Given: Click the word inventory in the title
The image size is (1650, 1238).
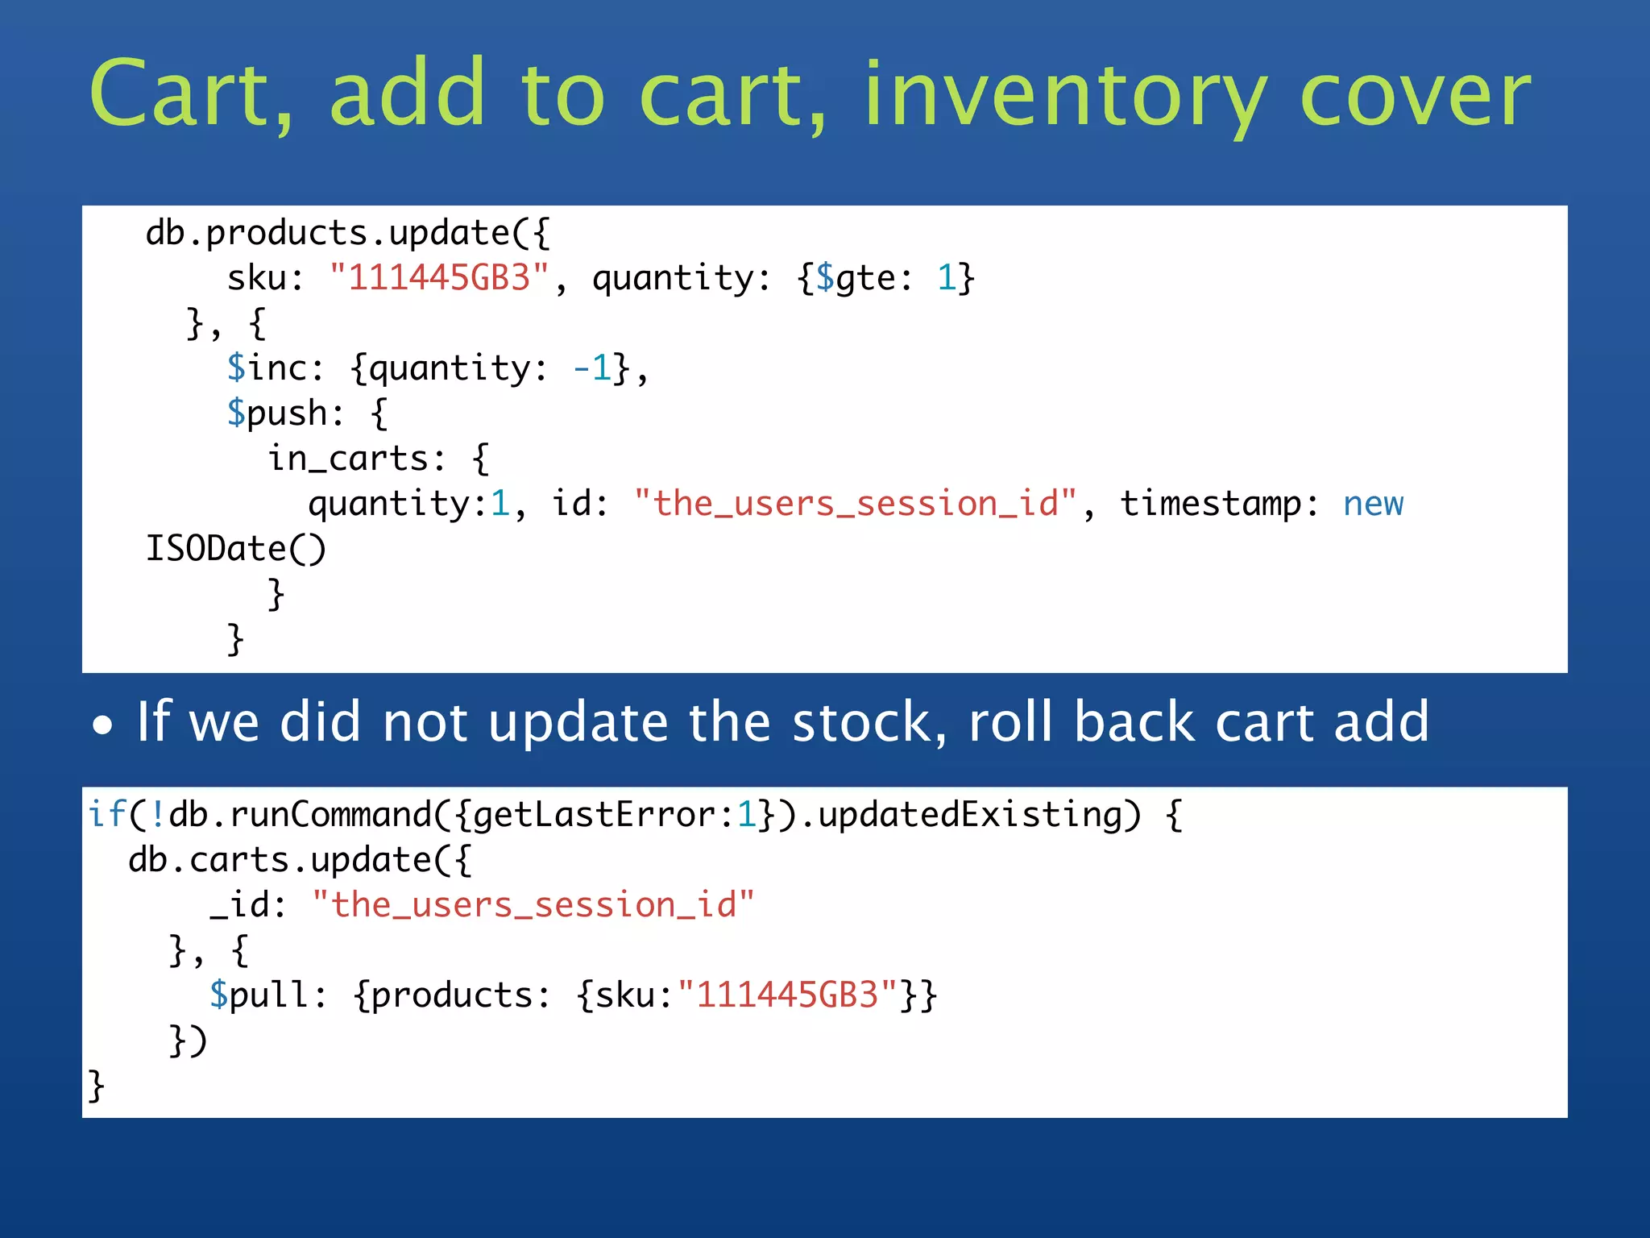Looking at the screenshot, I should (x=1063, y=95).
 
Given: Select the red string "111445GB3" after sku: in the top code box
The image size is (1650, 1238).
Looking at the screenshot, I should (x=439, y=278).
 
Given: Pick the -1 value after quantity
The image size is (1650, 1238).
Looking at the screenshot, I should (x=591, y=368).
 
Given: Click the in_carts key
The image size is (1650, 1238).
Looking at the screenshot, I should (x=348, y=459).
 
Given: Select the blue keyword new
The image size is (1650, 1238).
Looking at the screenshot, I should (x=1373, y=504).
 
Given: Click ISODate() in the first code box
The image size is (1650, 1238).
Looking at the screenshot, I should (x=235, y=549).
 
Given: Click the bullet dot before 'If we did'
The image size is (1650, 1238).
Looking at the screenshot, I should (x=102, y=725).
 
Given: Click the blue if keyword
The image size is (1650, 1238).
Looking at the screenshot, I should (x=106, y=814).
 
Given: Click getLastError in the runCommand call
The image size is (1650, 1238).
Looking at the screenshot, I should (x=593, y=814).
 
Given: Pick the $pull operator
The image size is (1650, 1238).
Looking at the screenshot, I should (x=258, y=995).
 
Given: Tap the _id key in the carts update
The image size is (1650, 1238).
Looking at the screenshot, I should (x=240, y=905).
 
